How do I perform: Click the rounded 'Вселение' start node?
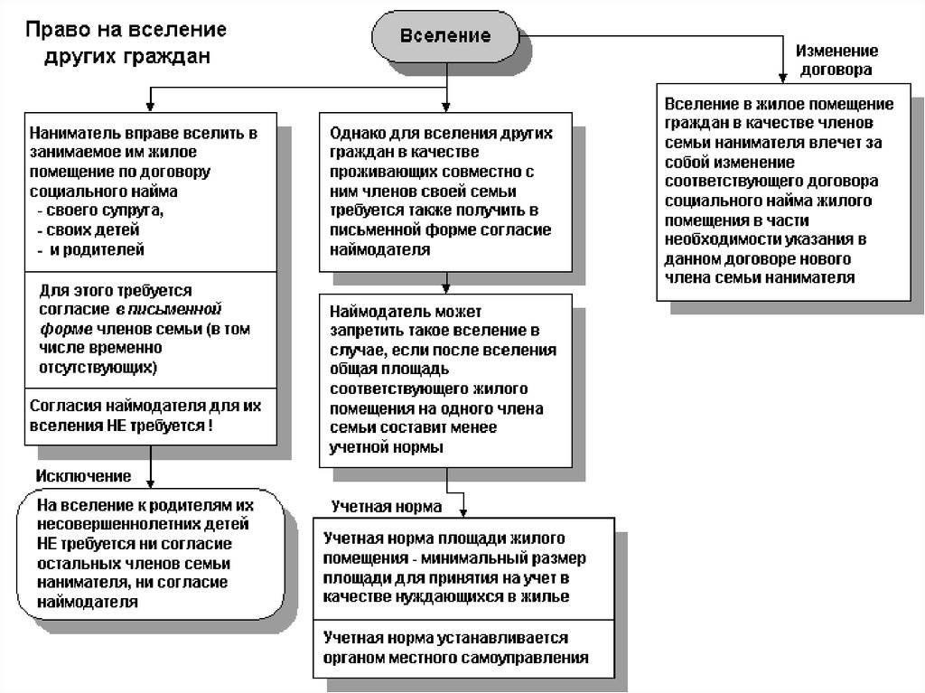click(x=445, y=35)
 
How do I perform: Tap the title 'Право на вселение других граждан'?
click(x=126, y=42)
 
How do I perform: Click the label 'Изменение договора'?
click(x=836, y=60)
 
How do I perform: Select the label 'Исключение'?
click(x=83, y=476)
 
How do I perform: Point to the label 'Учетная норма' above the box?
click(x=387, y=507)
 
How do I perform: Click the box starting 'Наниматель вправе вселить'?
click(x=151, y=192)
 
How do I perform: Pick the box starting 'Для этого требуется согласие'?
click(x=151, y=330)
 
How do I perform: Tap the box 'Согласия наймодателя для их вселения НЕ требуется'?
click(x=151, y=417)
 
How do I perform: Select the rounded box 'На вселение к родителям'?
click(x=151, y=554)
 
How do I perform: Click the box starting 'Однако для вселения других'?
click(x=445, y=192)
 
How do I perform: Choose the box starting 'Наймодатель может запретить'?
click(x=445, y=380)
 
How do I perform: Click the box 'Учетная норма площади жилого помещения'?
click(x=463, y=568)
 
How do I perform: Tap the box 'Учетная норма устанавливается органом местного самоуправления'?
click(x=463, y=649)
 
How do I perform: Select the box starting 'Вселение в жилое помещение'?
click(x=783, y=192)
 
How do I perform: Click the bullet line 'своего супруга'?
click(x=100, y=211)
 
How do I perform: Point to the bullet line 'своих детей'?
click(x=89, y=229)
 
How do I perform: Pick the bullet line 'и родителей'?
click(x=91, y=249)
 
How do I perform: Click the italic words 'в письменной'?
click(x=169, y=309)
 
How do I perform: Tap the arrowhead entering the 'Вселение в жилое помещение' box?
click(x=783, y=79)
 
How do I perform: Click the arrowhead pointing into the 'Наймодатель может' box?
click(x=446, y=288)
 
